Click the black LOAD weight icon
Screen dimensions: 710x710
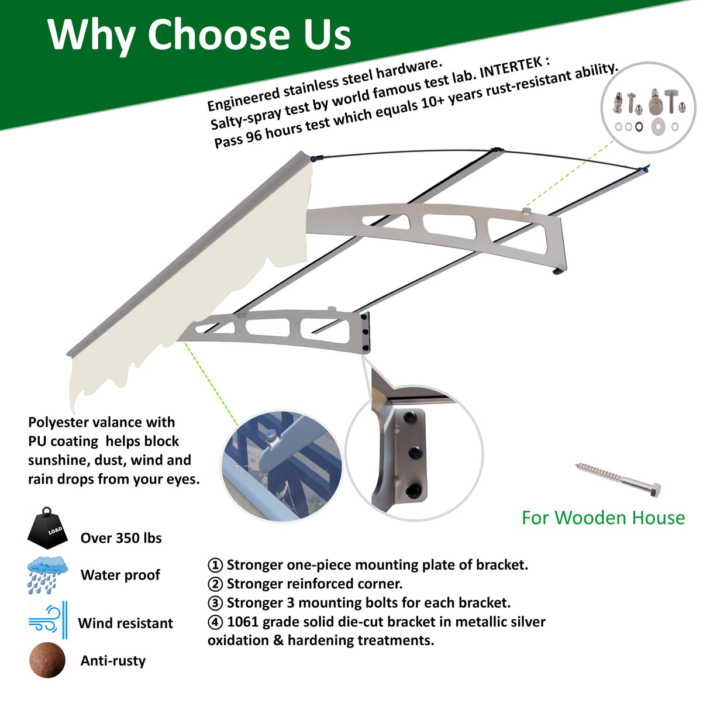point(48,529)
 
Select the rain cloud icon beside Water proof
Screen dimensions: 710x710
point(47,574)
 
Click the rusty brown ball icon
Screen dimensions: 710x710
point(47,660)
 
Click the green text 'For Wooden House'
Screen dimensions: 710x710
point(603,518)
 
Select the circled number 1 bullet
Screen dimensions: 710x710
point(215,566)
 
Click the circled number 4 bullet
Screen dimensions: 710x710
point(215,622)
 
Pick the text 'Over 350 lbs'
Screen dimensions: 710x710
point(121,538)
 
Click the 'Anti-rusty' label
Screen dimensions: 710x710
point(113,661)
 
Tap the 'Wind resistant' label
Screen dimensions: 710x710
point(126,623)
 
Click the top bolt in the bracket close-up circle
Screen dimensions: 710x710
point(411,418)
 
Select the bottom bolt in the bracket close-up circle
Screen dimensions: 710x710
point(415,490)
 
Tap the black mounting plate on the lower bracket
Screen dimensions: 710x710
point(366,332)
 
